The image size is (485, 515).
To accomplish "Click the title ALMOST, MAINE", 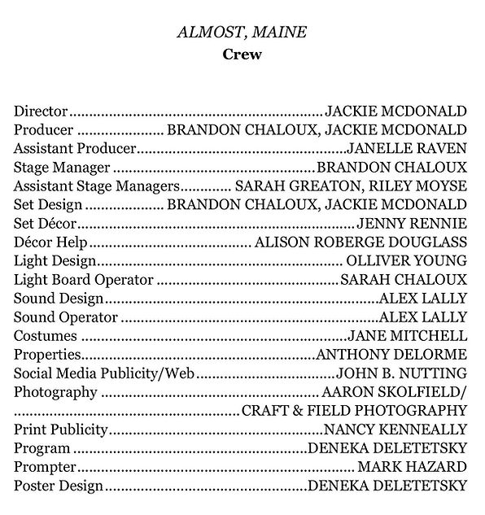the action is (242, 34).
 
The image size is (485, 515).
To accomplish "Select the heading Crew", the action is (242, 55).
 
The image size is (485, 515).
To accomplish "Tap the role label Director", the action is (41, 111).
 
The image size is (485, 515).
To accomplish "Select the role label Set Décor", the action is (46, 223).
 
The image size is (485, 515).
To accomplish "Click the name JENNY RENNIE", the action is (412, 223).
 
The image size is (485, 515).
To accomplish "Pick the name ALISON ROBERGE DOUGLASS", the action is (360, 242).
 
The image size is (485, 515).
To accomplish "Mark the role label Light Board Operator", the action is (84, 279).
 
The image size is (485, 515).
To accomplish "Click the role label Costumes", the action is (46, 335).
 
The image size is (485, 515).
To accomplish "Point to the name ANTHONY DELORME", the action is (391, 354).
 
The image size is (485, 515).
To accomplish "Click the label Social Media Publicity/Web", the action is (106, 373).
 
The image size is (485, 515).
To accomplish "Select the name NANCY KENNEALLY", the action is (395, 429).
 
